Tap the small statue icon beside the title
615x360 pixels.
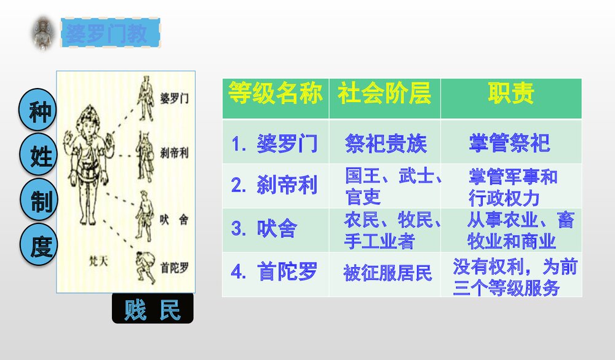pyautogui.click(x=44, y=33)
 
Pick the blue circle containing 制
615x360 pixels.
pyautogui.click(x=41, y=201)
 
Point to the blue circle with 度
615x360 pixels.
pyautogui.click(x=41, y=246)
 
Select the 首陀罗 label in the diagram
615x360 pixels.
pyautogui.click(x=175, y=268)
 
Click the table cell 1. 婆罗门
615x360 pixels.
pyautogui.click(x=275, y=144)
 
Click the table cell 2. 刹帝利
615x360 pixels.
pyautogui.click(x=275, y=186)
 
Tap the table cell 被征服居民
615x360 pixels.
pyautogui.click(x=387, y=273)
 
